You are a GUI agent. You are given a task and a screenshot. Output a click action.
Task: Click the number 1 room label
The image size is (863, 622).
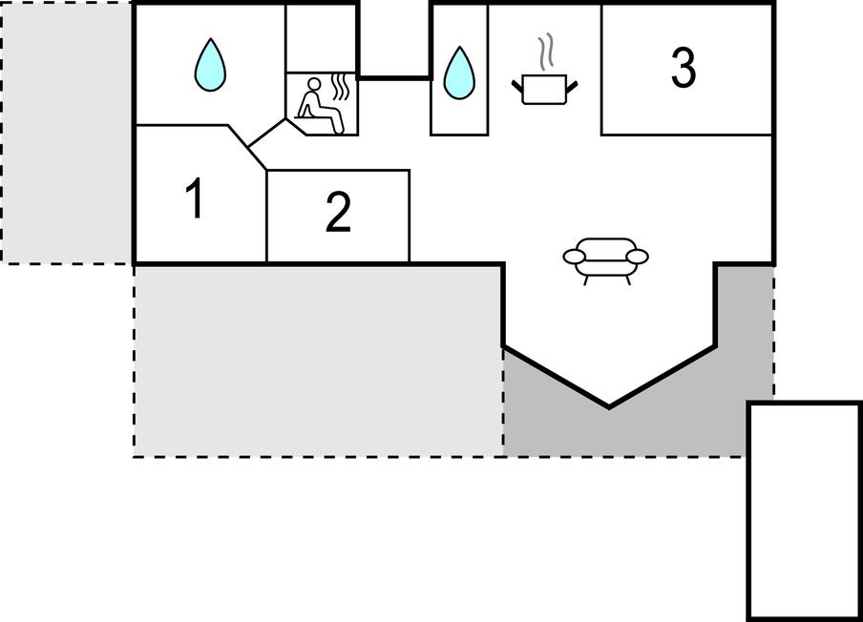[195, 198]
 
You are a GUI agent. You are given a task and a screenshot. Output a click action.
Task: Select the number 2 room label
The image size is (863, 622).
[338, 212]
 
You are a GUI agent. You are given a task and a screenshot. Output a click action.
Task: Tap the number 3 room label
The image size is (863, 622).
[683, 67]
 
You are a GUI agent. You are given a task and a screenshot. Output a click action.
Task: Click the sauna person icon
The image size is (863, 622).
[319, 106]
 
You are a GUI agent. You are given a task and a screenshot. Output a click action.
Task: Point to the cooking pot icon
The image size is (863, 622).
[544, 89]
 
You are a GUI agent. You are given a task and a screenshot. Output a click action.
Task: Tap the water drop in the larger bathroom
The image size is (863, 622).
[210, 65]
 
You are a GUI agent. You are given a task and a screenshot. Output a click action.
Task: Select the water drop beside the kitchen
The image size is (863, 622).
[459, 73]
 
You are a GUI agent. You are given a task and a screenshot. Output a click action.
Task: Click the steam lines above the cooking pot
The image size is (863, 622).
[545, 53]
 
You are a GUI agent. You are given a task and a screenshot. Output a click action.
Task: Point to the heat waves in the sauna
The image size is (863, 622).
[341, 88]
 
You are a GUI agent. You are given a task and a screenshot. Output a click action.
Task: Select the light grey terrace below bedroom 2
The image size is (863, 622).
[318, 362]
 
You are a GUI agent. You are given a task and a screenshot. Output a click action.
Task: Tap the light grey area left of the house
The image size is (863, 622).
[67, 133]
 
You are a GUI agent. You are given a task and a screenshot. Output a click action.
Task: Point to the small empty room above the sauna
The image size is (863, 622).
[322, 38]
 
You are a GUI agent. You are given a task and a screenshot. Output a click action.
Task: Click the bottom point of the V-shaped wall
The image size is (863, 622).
[608, 407]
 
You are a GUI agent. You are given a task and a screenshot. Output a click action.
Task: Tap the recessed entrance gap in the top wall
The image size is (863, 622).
[394, 40]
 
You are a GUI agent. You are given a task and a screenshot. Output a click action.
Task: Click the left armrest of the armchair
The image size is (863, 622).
[574, 257]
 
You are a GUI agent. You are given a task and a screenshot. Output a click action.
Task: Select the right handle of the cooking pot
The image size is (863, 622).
[573, 87]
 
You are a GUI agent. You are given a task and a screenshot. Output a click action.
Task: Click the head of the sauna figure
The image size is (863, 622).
[314, 84]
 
